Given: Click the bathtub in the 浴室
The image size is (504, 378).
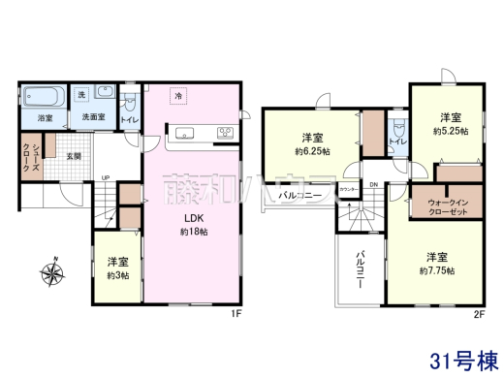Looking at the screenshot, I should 42,97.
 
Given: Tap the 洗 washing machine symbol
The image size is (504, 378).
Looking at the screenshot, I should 82,95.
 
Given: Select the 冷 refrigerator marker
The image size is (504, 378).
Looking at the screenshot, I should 178,95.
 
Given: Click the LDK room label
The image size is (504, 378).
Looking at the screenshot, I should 189,219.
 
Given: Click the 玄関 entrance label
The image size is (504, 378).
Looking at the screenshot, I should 74,155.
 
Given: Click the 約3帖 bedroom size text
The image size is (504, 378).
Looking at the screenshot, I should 117,274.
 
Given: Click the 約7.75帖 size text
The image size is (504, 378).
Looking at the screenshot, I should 437,271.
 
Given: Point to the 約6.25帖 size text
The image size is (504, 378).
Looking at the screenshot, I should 312,151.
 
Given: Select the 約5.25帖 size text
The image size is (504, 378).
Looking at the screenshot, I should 451,130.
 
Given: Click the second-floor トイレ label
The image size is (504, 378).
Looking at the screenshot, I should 395,142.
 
